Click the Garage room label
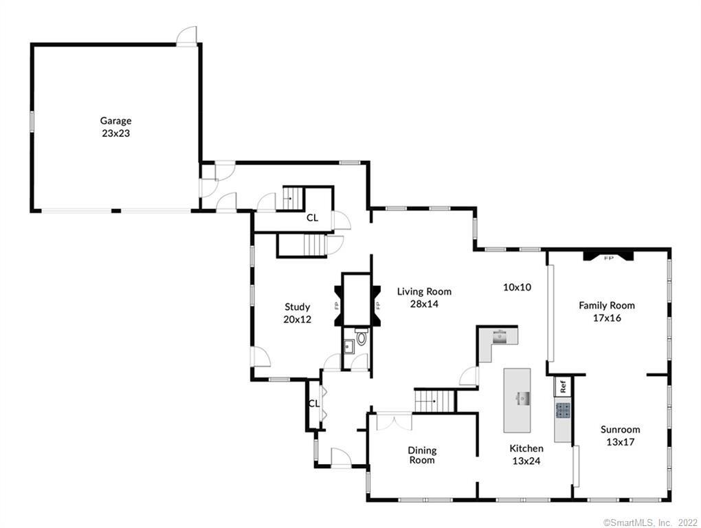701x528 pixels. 115,121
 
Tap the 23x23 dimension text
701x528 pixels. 115,133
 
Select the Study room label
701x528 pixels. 298,307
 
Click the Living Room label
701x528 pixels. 424,291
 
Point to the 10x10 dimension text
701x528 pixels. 517,287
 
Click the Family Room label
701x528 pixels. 606,305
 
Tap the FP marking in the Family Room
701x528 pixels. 608,258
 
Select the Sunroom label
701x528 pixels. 620,430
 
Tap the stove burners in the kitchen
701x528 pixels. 563,411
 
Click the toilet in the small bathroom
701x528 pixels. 361,338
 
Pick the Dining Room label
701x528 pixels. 422,455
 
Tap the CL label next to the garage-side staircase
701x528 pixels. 312,218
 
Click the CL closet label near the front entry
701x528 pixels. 313,404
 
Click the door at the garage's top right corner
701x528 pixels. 186,36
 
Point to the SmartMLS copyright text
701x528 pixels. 650,522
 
